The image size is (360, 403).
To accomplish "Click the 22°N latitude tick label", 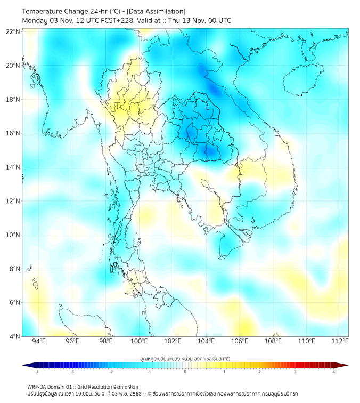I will click(x=13, y=31).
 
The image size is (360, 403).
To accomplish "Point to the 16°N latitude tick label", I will click(x=13, y=133).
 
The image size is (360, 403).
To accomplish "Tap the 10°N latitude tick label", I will click(x=13, y=235).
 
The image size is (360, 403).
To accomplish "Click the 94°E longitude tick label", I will click(x=39, y=341).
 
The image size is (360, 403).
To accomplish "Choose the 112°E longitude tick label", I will click(x=340, y=341).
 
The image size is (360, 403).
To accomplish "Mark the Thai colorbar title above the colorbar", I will click(x=185, y=359).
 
